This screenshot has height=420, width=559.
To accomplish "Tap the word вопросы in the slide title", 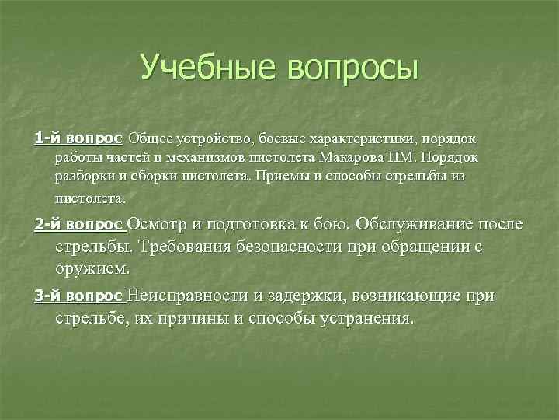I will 352,68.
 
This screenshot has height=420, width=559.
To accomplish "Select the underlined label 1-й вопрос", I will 78,138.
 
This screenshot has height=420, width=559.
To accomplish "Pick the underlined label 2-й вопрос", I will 78,226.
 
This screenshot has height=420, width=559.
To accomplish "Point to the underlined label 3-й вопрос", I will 78,297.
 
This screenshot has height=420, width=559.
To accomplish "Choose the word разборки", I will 85,177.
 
